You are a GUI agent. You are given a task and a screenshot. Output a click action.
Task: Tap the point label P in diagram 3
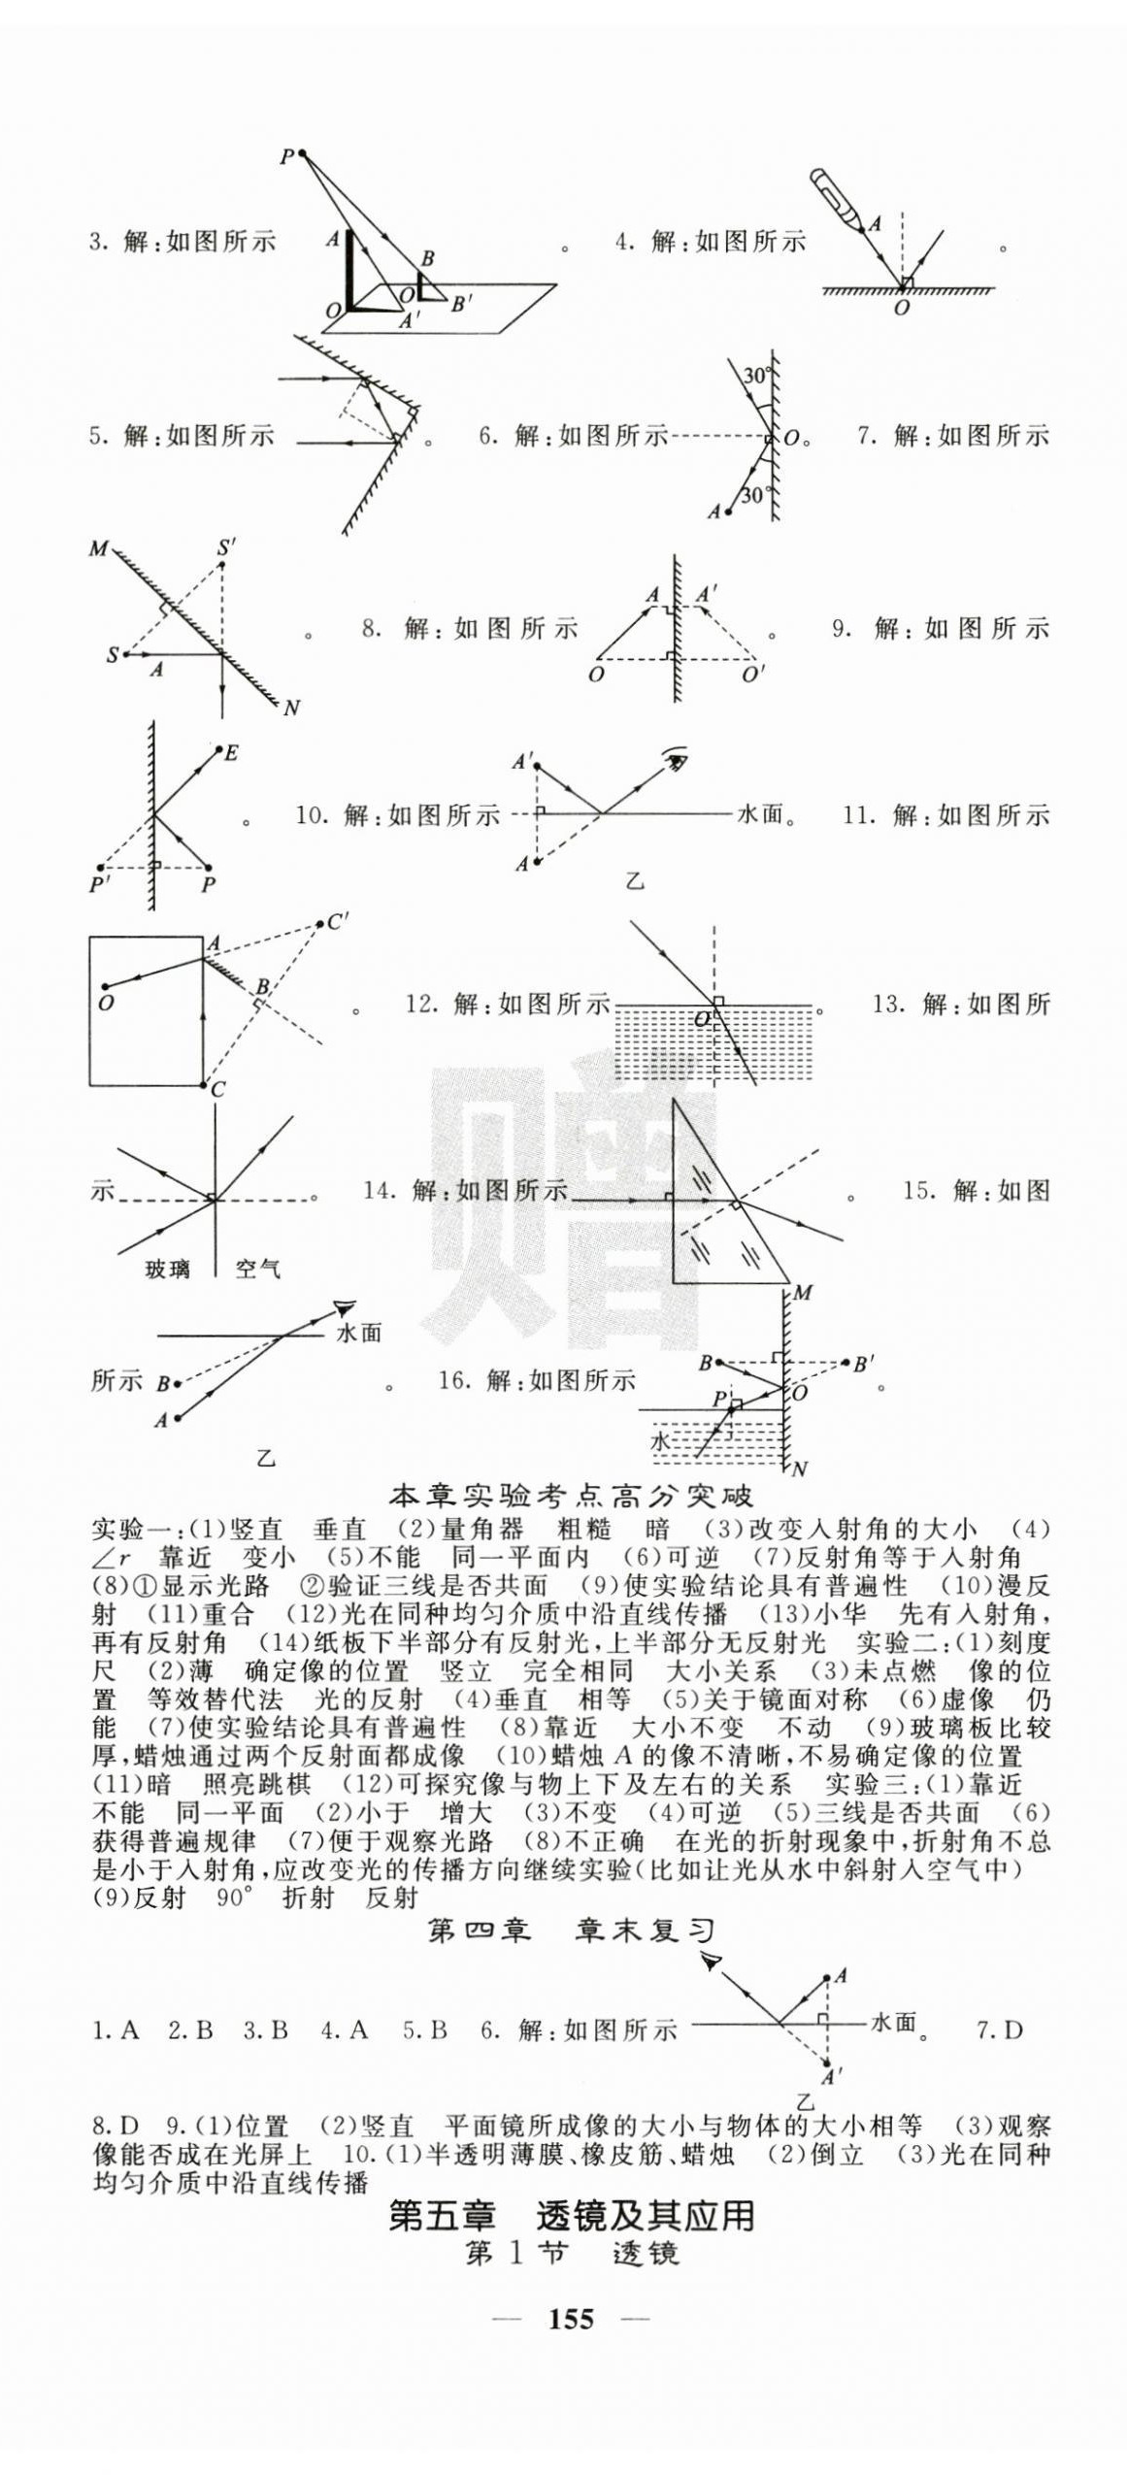point(286,155)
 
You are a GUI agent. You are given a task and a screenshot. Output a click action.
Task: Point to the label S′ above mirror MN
point(226,548)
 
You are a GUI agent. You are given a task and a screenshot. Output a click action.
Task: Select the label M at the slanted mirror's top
point(98,549)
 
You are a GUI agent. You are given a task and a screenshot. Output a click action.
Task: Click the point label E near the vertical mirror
point(231,753)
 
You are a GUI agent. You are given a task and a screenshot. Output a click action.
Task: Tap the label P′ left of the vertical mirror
point(99,884)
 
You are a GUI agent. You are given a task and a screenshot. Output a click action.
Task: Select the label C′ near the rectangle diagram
point(337,921)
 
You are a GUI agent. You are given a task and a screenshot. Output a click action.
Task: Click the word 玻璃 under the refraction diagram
point(167,1269)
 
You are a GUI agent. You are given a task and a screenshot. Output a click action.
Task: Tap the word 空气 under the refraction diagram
point(258,1269)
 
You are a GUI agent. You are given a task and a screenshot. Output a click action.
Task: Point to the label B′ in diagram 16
point(863,1364)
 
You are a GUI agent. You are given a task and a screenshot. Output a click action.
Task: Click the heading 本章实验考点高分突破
point(570,1495)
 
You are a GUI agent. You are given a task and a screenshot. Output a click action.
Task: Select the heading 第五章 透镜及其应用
point(571,2216)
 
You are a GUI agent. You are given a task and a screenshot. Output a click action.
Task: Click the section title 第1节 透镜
point(571,2254)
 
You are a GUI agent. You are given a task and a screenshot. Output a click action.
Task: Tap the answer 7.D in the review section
point(999,2029)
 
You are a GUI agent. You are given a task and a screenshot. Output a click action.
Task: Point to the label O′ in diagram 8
point(752,675)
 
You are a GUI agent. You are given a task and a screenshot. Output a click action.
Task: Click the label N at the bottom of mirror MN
point(291,709)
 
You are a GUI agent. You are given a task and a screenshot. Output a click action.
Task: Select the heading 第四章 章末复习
point(570,1930)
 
